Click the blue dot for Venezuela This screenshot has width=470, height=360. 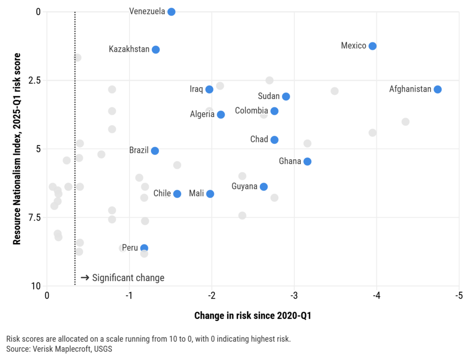[x=171, y=11]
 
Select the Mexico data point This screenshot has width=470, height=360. [x=373, y=46]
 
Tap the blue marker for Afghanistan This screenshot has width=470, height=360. [x=437, y=89]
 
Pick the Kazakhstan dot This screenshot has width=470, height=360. [x=156, y=50]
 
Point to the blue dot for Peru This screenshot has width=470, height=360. [x=144, y=248]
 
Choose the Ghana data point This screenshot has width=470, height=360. [x=308, y=161]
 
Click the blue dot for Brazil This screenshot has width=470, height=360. [x=155, y=151]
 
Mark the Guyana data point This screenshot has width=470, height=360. [x=263, y=187]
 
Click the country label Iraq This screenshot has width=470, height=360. [x=196, y=89]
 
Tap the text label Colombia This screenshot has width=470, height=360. [x=251, y=111]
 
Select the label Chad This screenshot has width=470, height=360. [x=259, y=139]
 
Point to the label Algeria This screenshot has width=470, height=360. [x=202, y=114]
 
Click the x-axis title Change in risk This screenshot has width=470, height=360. [x=252, y=316]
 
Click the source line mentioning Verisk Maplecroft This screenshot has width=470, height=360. [x=59, y=349]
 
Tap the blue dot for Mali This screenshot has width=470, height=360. [x=210, y=194]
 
